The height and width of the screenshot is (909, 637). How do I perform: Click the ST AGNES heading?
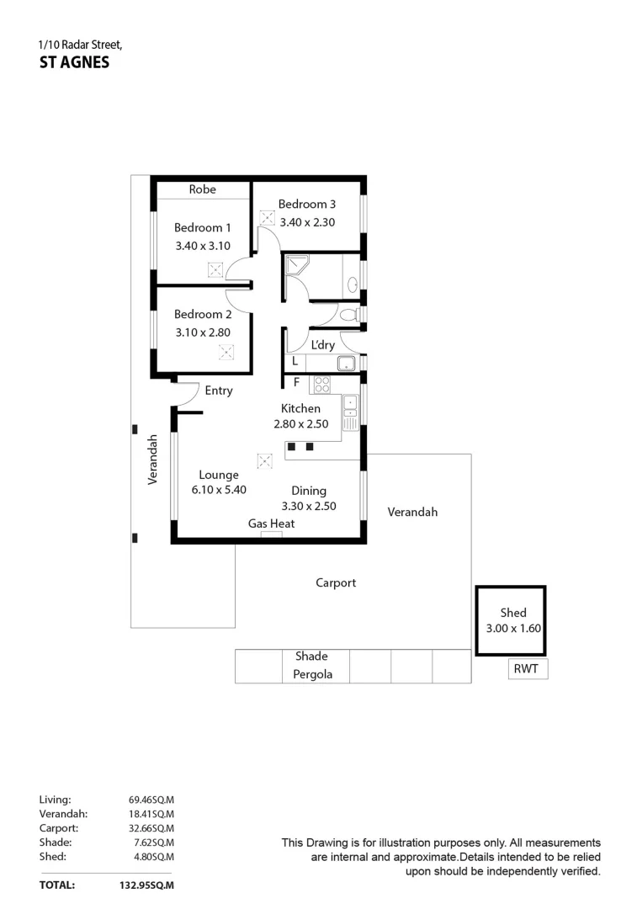click(74, 62)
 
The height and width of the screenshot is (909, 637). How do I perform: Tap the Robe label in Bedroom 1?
click(202, 189)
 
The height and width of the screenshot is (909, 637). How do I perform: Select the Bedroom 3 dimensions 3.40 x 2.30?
click(307, 222)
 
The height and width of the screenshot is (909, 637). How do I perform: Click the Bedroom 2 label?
click(202, 314)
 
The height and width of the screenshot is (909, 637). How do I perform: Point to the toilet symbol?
click(349, 314)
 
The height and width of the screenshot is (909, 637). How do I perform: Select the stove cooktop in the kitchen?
click(321, 385)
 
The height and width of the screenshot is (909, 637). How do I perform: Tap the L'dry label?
click(322, 345)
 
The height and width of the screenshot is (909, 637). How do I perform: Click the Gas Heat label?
click(271, 524)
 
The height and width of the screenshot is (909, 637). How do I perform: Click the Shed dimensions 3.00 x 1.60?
click(512, 628)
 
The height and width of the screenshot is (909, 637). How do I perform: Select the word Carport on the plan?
click(336, 582)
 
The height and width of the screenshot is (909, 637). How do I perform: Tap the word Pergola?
click(312, 674)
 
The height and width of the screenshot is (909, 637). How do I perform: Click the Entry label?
click(219, 391)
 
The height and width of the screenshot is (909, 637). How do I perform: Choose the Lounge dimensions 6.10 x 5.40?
click(219, 491)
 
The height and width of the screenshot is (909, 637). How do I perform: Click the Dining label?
click(309, 491)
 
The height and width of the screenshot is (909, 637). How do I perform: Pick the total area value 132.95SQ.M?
click(146, 885)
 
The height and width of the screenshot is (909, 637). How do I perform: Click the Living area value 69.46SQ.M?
click(151, 800)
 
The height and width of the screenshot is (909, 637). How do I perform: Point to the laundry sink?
click(345, 364)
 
